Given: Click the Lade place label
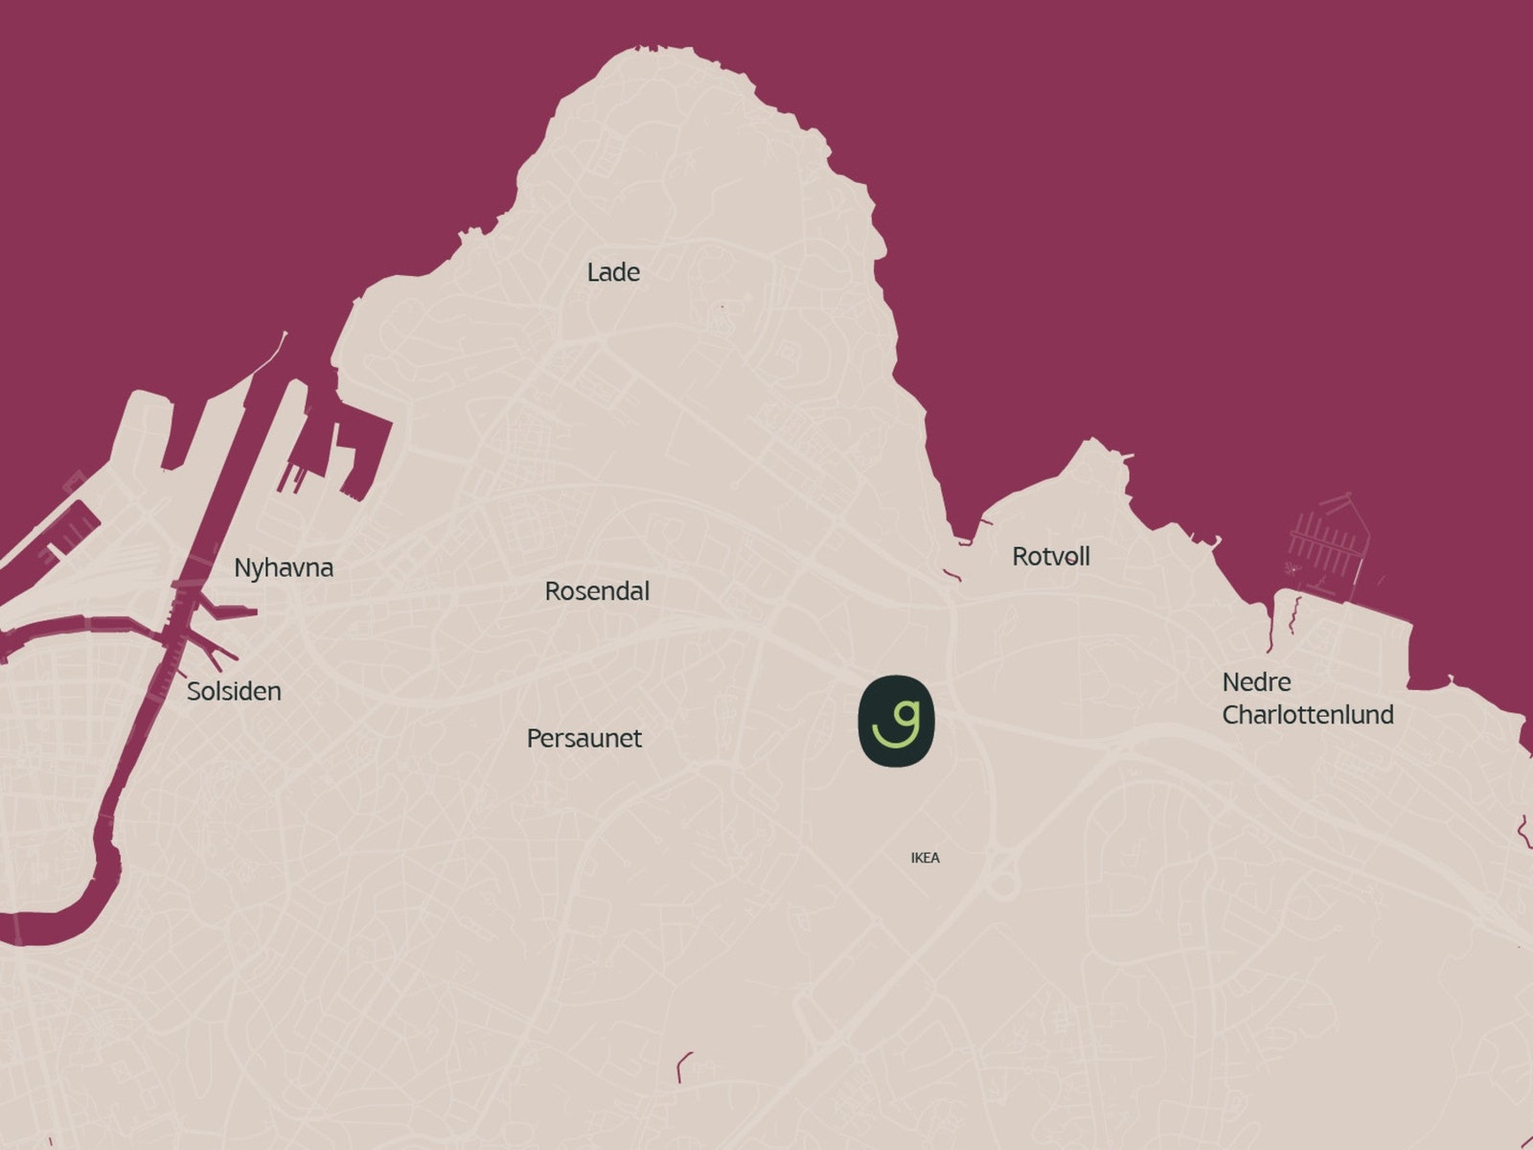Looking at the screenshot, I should (613, 273).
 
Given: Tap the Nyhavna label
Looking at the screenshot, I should (284, 568).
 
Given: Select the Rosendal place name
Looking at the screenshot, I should (597, 591).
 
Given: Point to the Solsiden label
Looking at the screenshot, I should (234, 691).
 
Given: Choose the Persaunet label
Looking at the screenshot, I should (584, 739).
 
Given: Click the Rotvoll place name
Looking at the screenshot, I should (1051, 557).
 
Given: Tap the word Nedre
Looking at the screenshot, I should (1256, 682).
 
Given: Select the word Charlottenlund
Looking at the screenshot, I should (1308, 715).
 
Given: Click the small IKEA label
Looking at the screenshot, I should (925, 858).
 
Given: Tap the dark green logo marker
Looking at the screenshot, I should (896, 721).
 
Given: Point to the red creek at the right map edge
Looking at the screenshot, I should (1523, 830).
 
